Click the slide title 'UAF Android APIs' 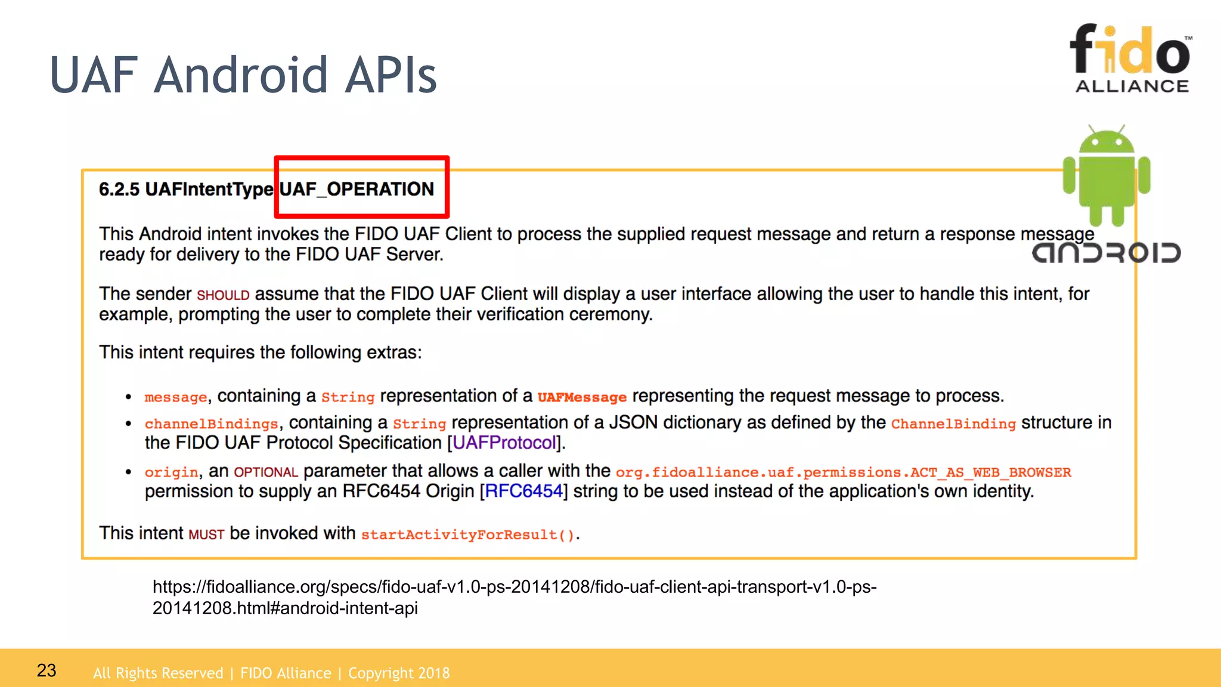tap(243, 75)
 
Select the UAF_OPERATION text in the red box tap(357, 189)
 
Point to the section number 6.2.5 tap(119, 189)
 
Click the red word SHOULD tap(223, 295)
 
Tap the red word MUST tap(206, 534)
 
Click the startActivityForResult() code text tap(468, 534)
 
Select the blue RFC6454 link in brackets tap(524, 491)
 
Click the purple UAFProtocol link tap(504, 443)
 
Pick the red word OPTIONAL tap(265, 472)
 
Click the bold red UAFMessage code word tap(582, 397)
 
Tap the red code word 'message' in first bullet tap(175, 397)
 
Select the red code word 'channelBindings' tap(211, 424)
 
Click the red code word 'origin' tap(171, 472)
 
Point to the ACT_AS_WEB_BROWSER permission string tap(843, 472)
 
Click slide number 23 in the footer tap(47, 670)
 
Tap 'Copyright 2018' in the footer tap(399, 673)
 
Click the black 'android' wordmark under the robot tap(1106, 253)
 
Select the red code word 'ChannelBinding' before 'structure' tap(953, 424)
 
